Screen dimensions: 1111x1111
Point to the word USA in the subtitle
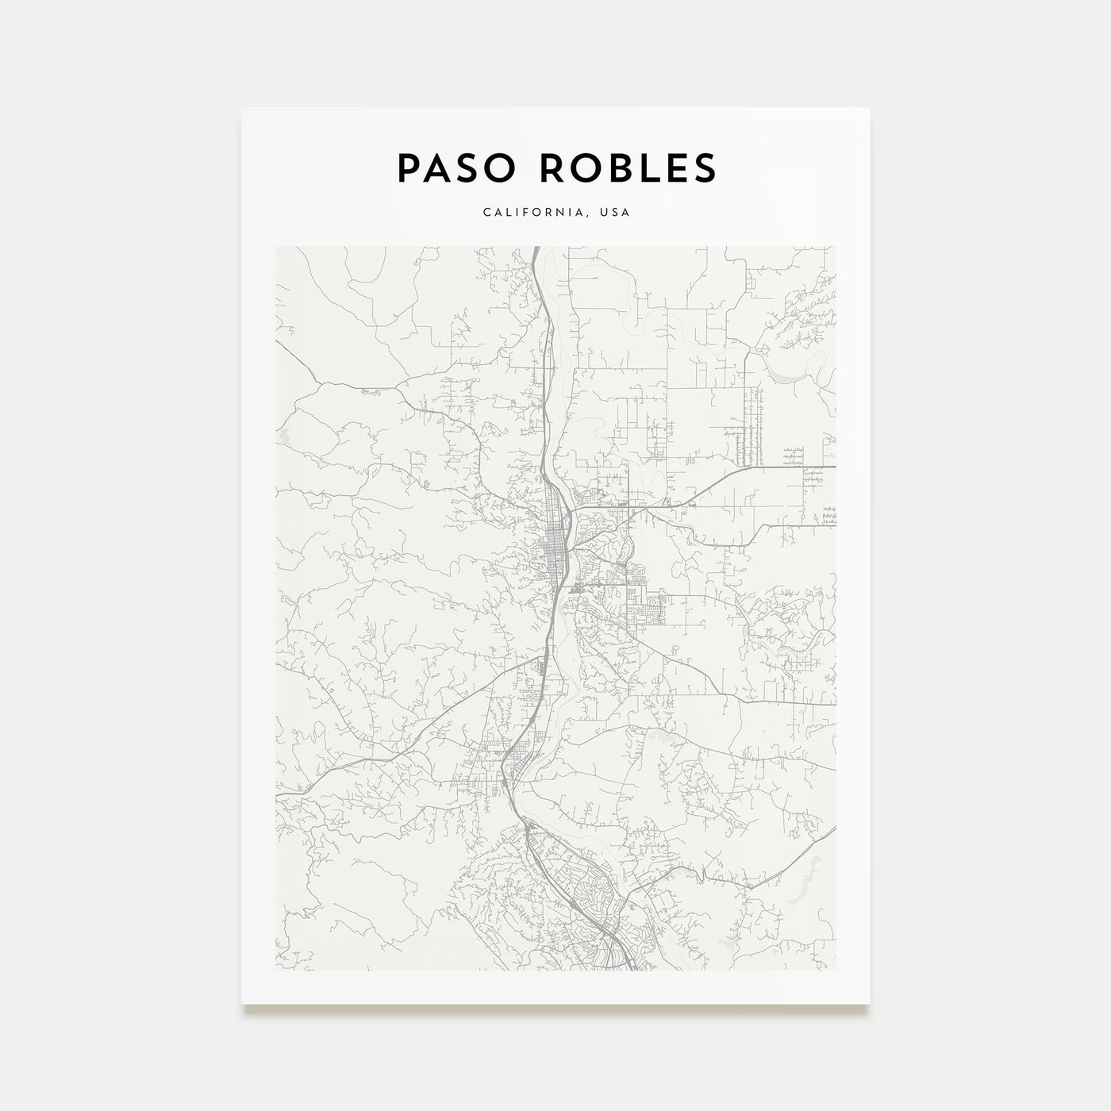616,213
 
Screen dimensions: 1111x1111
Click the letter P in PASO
407,167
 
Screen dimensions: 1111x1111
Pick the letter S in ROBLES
703,167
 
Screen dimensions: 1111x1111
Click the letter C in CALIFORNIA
483,213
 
